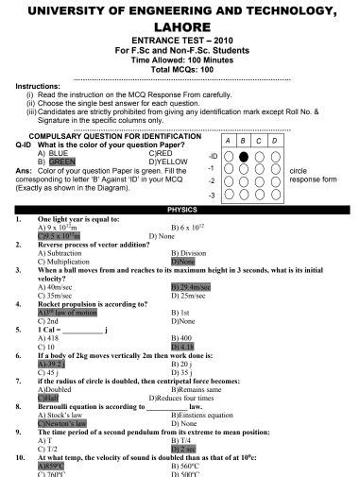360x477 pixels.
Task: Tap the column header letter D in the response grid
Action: (x=274, y=140)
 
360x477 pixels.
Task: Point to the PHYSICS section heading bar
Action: (x=180, y=208)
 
